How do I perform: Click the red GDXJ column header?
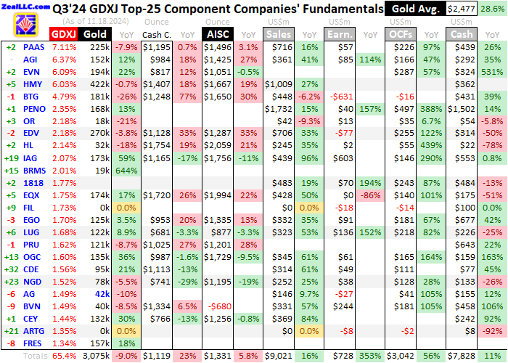tap(63, 34)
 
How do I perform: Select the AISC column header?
tap(220, 34)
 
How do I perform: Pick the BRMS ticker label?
tap(36, 171)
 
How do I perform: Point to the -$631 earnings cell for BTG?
tap(340, 97)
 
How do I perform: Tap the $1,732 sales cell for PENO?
tap(279, 109)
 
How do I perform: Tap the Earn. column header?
tap(338, 34)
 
